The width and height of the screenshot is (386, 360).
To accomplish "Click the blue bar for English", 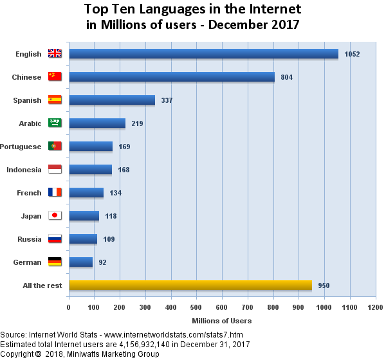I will pos(203,54).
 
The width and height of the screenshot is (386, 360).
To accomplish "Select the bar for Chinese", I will pos(171,77).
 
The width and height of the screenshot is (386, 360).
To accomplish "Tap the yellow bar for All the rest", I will pos(190,285).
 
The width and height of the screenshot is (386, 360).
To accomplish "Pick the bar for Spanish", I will pos(112,100).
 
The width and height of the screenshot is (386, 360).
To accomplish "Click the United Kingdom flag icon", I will pos(55,54).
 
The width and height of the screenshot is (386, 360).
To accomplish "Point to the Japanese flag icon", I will pos(55,216).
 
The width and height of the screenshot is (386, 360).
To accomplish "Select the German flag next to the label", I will pos(55,262).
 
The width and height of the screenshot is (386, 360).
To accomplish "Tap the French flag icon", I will pos(55,193).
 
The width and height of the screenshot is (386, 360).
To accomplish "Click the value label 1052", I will pos(352,55).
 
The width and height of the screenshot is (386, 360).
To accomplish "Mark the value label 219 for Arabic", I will pos(137,124).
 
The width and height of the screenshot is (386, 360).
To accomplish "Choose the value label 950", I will pos(324,285).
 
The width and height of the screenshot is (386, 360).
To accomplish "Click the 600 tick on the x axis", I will pos(222,307).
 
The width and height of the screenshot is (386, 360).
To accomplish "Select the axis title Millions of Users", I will pos(222,320).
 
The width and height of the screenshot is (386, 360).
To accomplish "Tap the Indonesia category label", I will pos(24,170).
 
